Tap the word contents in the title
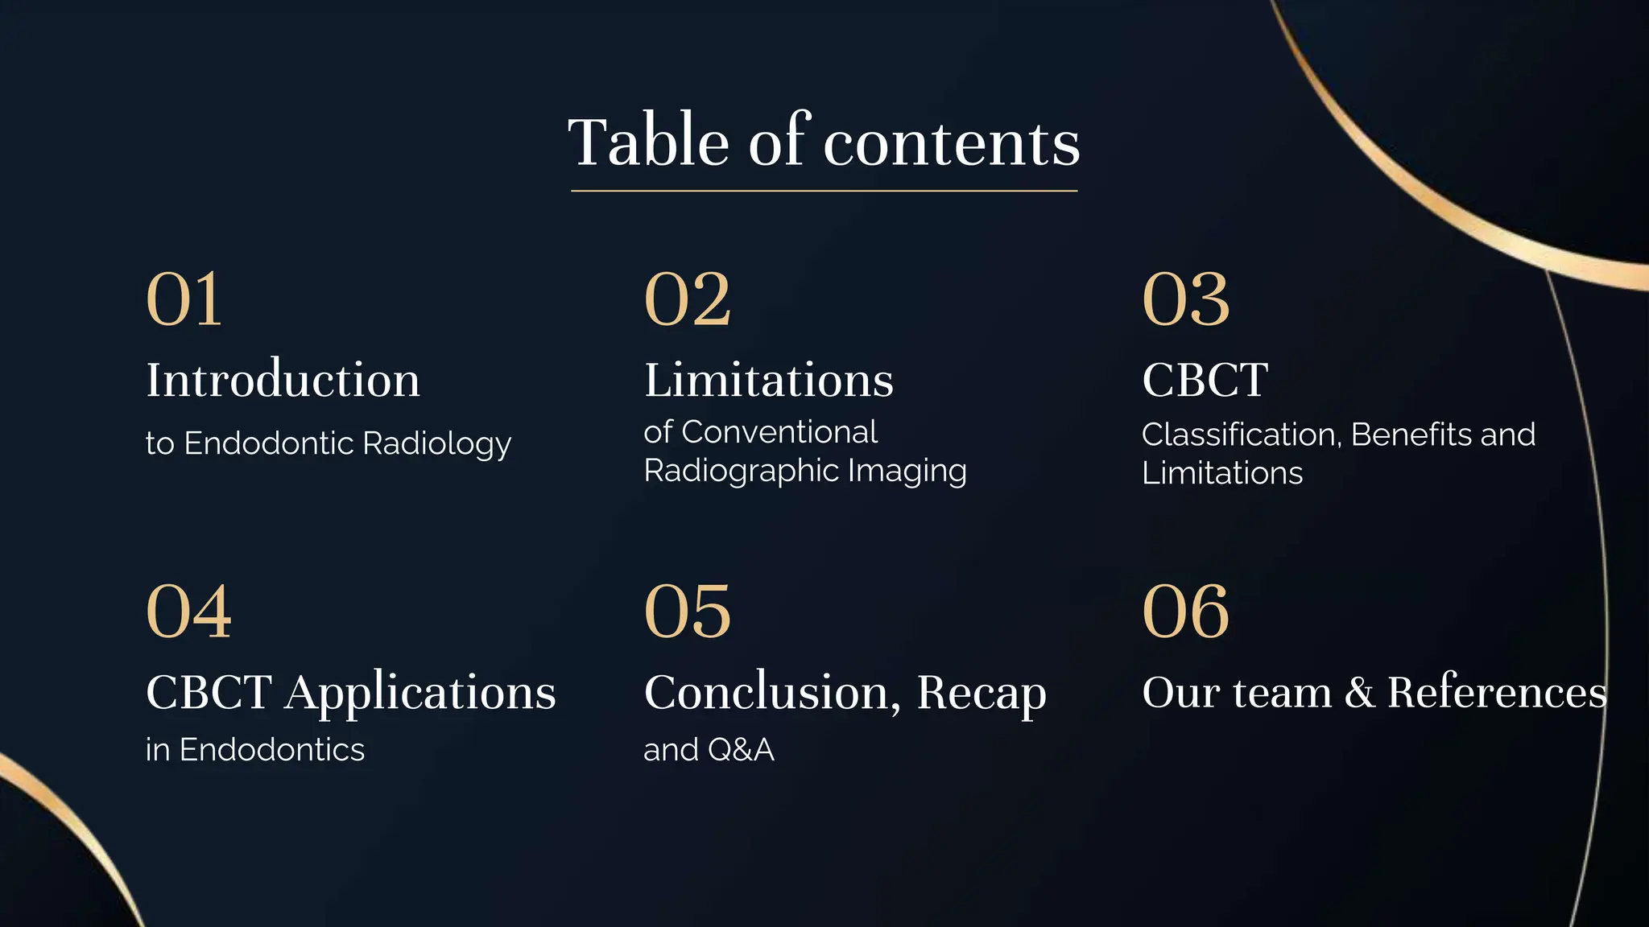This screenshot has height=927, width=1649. [951, 144]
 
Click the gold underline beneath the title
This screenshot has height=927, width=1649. [824, 191]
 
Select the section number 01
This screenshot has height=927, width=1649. [184, 299]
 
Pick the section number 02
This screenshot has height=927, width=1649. [687, 299]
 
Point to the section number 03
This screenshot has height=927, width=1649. [1185, 299]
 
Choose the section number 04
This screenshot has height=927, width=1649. [188, 612]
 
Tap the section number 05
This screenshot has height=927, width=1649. [687, 612]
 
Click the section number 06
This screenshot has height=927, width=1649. [1185, 612]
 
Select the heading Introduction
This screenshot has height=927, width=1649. [283, 380]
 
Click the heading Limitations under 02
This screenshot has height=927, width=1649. [768, 380]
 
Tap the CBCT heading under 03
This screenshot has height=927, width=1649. [1205, 380]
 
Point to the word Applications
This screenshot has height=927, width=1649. [420, 694]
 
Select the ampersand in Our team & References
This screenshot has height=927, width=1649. [1359, 693]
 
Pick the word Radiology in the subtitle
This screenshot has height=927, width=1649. [436, 444]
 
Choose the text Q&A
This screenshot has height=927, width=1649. [741, 750]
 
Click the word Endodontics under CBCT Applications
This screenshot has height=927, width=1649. [271, 750]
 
